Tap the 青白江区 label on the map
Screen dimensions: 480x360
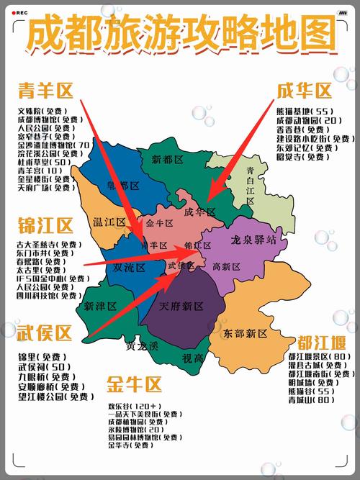(250, 186)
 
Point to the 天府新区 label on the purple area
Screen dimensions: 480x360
(181, 306)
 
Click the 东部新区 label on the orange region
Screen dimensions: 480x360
(245, 334)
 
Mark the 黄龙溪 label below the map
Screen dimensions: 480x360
(141, 345)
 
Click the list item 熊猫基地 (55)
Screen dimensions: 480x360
(304, 111)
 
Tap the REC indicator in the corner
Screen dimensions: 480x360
(19, 13)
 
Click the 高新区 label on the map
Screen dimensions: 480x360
(226, 267)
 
